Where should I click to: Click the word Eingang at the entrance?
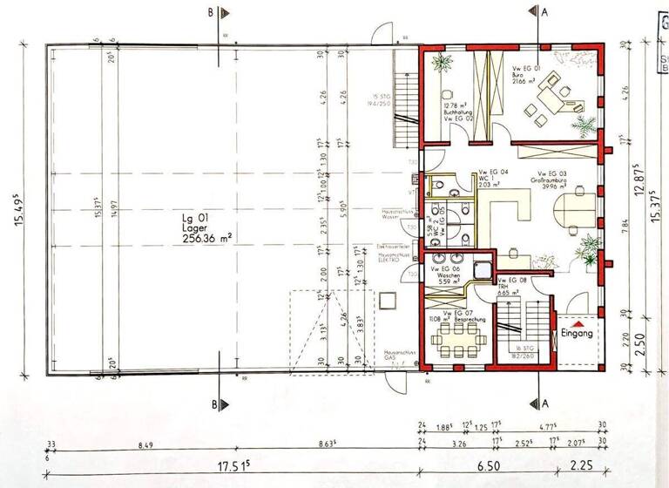tap(577, 334)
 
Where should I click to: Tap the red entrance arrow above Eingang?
tap(576, 322)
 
